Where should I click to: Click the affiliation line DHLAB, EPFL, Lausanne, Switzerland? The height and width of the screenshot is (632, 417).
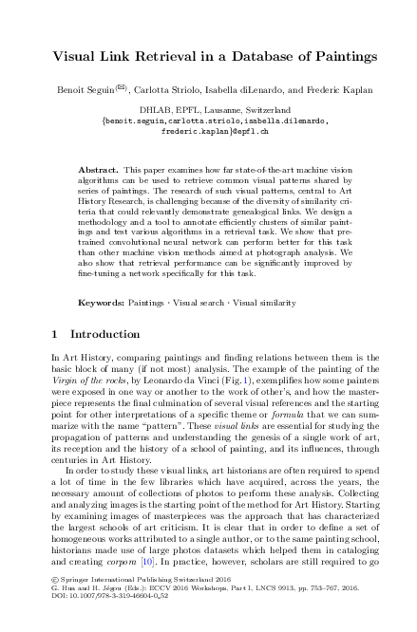(x=209, y=110)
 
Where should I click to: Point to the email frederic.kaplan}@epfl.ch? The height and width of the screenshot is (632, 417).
(x=208, y=131)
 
